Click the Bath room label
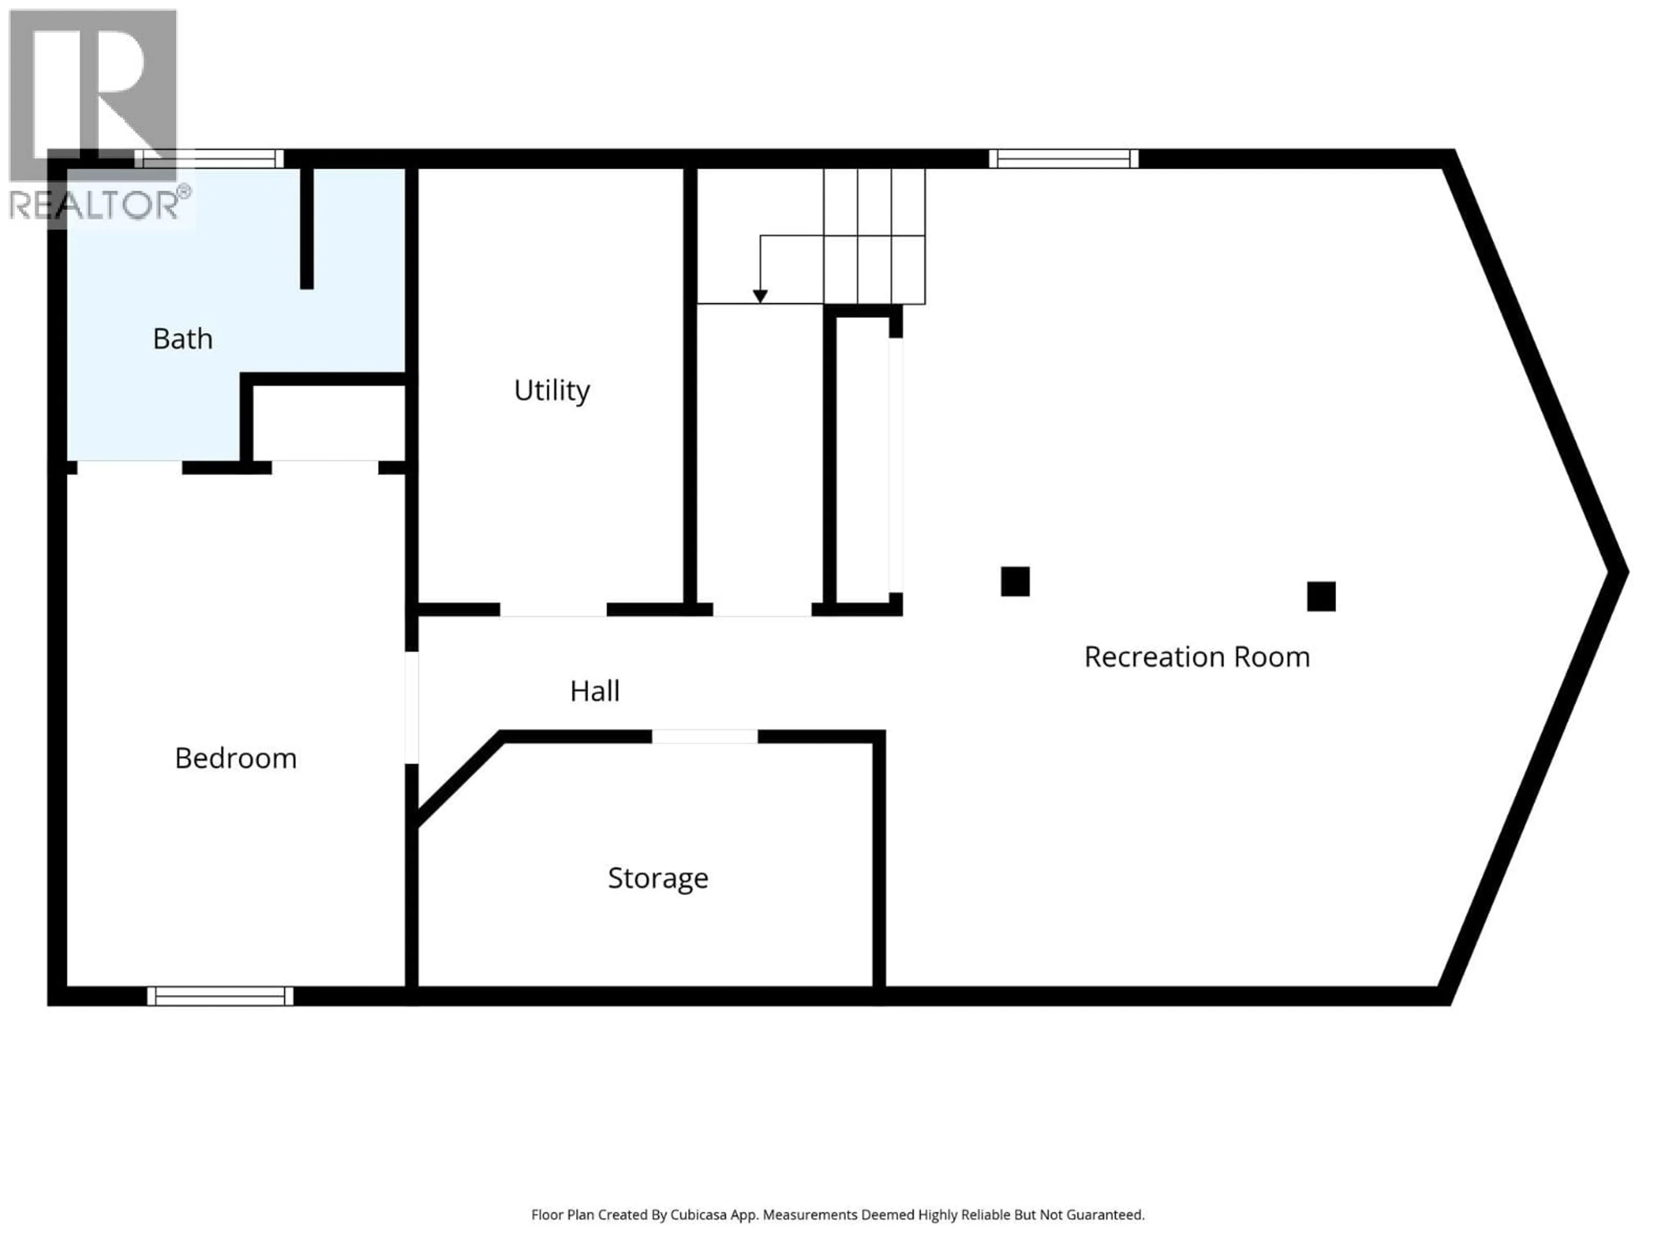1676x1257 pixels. [x=182, y=339]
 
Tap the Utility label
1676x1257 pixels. [x=552, y=390]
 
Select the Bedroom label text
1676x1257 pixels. [x=236, y=758]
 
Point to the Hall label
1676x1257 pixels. [x=595, y=690]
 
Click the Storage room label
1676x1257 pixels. [x=658, y=877]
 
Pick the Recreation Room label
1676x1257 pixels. [x=1196, y=656]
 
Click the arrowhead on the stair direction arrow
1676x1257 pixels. [x=760, y=296]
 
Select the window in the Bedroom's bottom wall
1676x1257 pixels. [x=220, y=996]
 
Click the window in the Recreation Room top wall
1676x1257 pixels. [x=1063, y=158]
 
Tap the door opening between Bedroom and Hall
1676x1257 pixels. [x=412, y=707]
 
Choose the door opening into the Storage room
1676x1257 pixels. [x=704, y=736]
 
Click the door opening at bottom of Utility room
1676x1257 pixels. [x=553, y=609]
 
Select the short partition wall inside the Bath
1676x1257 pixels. [x=307, y=227]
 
